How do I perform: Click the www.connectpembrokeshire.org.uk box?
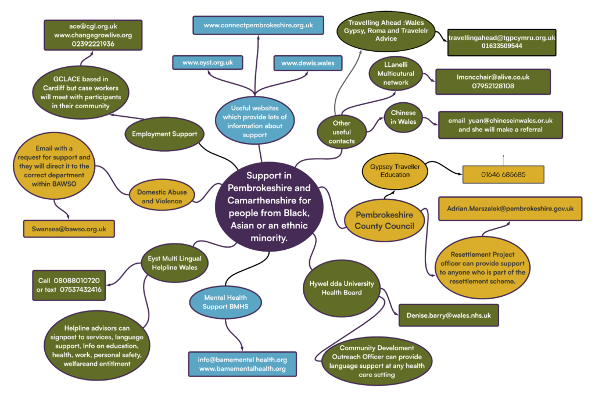(258, 25)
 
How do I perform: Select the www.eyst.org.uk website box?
(207, 63)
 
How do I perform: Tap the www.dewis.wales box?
(307, 63)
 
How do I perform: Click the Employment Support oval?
(164, 134)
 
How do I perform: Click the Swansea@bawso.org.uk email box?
(69, 229)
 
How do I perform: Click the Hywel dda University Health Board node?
(342, 288)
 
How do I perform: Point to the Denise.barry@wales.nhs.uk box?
(449, 315)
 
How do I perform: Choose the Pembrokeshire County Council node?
(384, 220)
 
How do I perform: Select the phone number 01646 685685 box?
(503, 174)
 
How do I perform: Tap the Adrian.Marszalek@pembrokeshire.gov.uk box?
(510, 208)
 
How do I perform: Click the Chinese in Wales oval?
(403, 117)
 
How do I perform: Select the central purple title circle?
(268, 206)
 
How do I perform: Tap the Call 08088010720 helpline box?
(69, 285)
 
